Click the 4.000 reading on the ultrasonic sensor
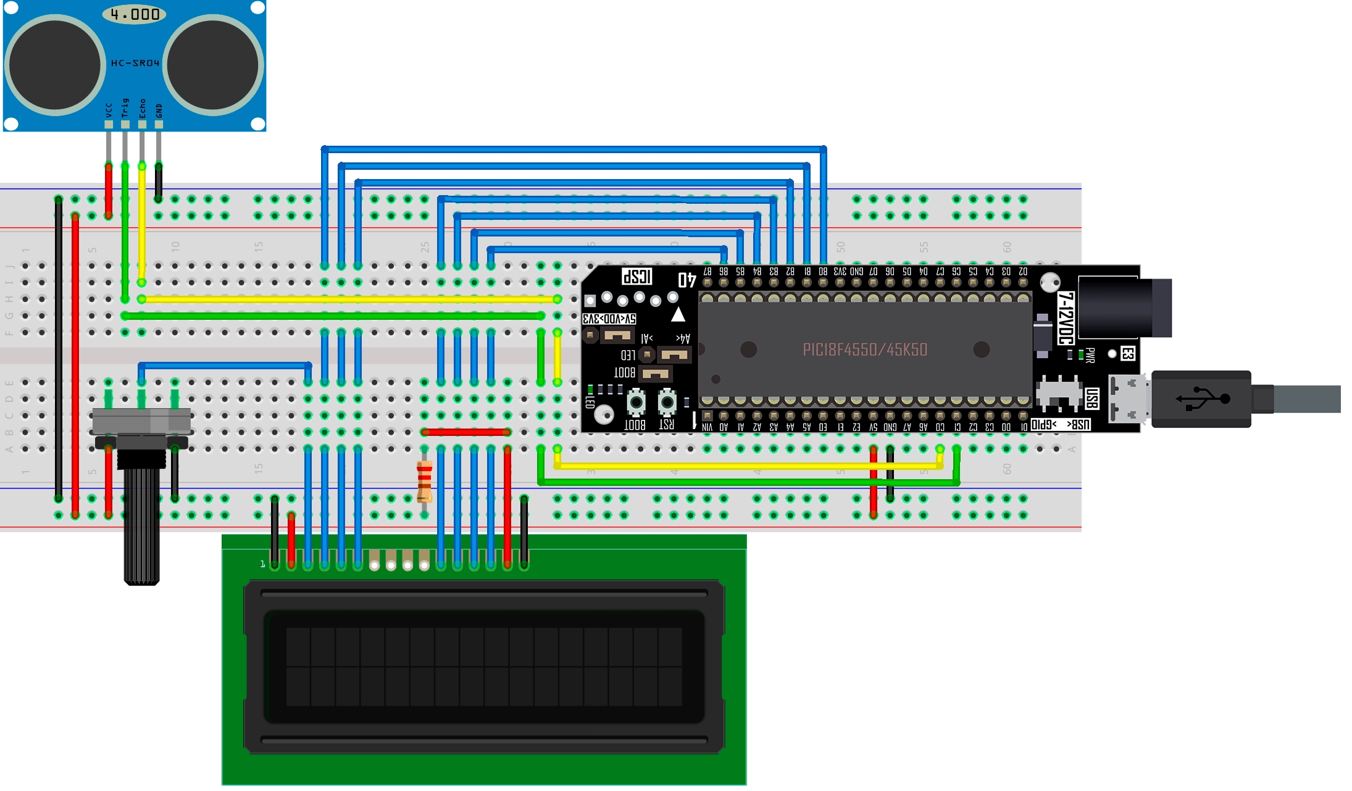point(135,14)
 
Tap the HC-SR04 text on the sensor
point(135,63)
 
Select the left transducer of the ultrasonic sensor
point(55,65)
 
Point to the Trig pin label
point(125,107)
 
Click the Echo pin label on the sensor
point(143,108)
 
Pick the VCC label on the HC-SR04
point(109,110)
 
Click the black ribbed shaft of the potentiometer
point(142,525)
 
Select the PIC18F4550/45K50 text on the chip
point(865,349)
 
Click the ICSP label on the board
point(636,276)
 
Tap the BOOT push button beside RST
point(636,403)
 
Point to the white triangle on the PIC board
point(678,314)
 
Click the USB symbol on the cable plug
point(1202,398)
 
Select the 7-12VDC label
point(1066,318)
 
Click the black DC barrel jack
point(1124,307)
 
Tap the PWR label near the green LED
point(1090,355)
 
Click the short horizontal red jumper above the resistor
point(465,432)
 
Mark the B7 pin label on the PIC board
point(707,272)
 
